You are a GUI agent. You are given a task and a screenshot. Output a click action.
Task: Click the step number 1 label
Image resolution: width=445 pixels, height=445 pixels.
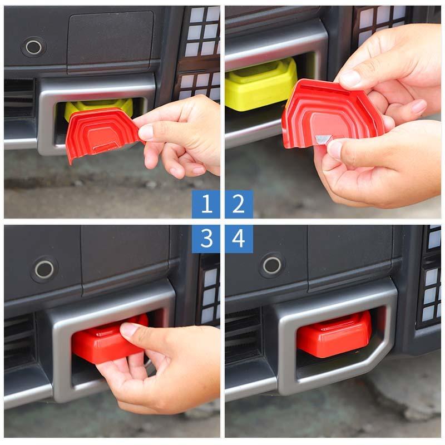point(206,204)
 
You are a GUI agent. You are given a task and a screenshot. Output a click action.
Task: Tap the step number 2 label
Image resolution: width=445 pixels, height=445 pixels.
point(239,204)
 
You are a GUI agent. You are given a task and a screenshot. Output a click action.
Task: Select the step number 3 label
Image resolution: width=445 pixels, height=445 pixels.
point(206,239)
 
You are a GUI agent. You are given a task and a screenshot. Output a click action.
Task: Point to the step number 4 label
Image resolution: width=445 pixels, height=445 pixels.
point(239,239)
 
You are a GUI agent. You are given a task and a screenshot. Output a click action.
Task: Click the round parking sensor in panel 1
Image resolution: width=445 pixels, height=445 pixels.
point(33,47)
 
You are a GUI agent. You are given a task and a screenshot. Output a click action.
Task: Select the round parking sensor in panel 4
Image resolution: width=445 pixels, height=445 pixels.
point(272,265)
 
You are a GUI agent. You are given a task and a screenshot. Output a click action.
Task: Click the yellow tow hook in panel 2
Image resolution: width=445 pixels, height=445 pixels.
point(259,83)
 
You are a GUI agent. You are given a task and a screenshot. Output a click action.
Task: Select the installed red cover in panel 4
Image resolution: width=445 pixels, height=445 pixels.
point(334,334)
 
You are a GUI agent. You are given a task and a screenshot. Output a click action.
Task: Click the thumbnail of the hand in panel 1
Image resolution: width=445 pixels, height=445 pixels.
point(146,132)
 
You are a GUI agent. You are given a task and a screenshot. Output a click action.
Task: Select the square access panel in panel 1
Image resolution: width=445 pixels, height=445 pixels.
point(110,40)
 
